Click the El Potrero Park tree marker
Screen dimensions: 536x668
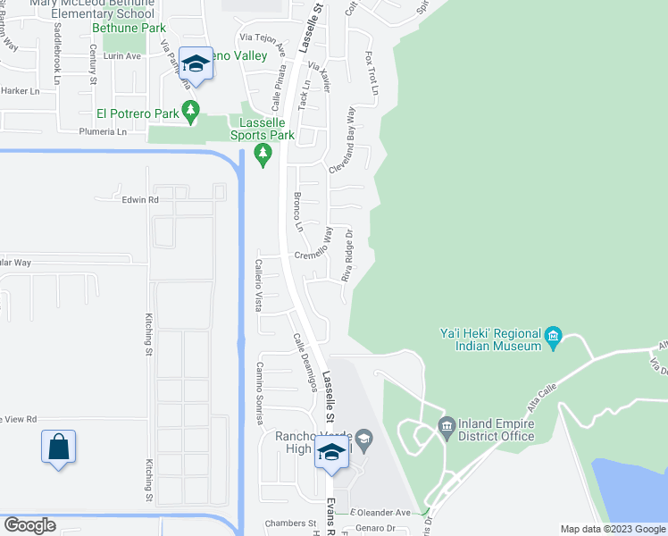[x=190, y=111]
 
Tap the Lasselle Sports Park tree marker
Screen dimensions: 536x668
[x=263, y=155]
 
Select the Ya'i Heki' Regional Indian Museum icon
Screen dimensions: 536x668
[x=553, y=337]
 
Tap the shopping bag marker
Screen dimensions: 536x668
[x=58, y=446]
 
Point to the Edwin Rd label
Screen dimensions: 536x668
[x=140, y=200]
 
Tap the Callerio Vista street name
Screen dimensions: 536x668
[x=258, y=285]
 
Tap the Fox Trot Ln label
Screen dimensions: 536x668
[x=371, y=73]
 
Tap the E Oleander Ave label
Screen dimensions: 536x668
[x=380, y=513]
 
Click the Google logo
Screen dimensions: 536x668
[x=30, y=525]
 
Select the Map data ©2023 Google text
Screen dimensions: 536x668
[x=612, y=529]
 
